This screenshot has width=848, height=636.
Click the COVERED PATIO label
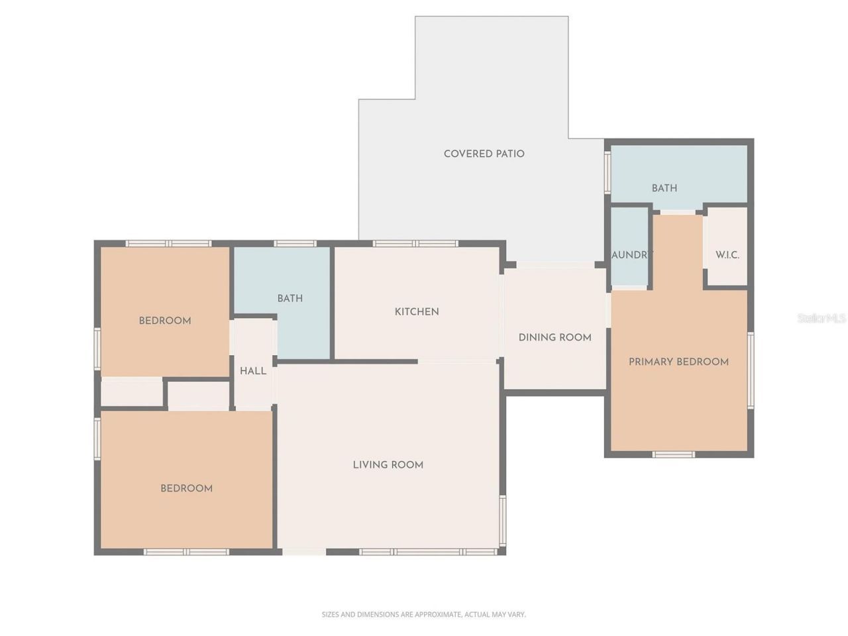click(x=484, y=154)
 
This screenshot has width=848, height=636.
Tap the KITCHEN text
click(x=417, y=311)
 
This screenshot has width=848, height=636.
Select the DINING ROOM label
click(x=555, y=337)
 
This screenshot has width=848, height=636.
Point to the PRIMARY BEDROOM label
click(x=678, y=362)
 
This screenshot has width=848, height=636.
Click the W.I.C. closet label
click(x=727, y=255)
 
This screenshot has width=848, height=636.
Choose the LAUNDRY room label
click(x=631, y=255)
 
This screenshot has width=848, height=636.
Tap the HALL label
click(x=253, y=371)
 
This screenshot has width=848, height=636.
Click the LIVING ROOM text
click(x=388, y=465)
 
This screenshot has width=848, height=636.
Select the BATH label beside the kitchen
click(x=290, y=299)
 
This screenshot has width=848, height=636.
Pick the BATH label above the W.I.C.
click(x=664, y=188)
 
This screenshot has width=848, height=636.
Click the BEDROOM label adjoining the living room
click(x=186, y=488)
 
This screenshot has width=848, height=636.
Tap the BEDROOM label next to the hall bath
click(x=164, y=321)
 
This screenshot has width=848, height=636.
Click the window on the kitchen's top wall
click(x=415, y=244)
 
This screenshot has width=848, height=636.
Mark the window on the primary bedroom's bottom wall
click(x=673, y=454)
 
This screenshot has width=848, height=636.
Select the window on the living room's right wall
click(x=502, y=519)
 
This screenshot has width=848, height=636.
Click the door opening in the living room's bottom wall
click(x=304, y=551)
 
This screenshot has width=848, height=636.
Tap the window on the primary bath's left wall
click(x=607, y=173)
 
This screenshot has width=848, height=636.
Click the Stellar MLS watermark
click(x=821, y=319)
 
